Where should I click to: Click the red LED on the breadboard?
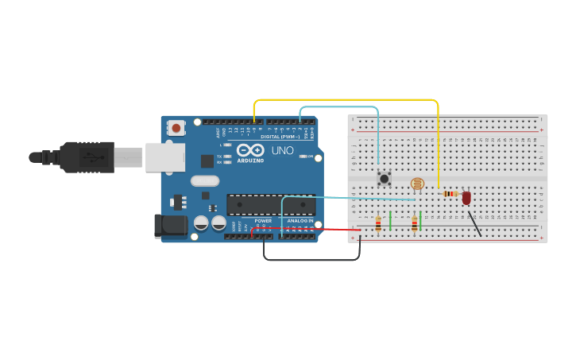(466, 197)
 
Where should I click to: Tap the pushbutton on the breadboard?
(384, 179)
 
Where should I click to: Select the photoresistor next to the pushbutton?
(417, 184)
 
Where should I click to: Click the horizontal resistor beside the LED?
(450, 193)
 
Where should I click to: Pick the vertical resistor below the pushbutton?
(378, 224)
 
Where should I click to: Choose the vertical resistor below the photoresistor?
(414, 225)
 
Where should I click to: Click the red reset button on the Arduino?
(176, 126)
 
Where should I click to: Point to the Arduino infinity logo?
(250, 149)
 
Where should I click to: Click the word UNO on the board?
(283, 150)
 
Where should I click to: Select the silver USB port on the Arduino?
(164, 157)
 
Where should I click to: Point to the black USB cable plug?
(87, 157)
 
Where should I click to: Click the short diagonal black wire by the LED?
(474, 223)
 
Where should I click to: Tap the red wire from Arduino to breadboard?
(310, 229)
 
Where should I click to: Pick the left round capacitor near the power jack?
(202, 223)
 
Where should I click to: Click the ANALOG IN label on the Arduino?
(300, 220)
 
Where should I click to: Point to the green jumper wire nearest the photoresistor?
(420, 221)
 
